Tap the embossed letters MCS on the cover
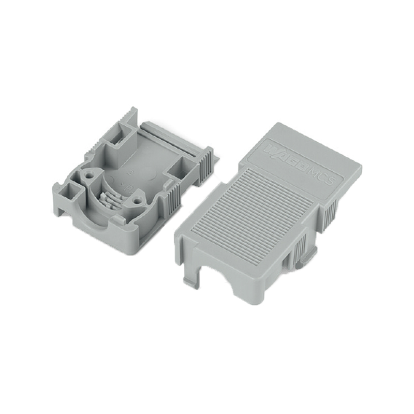pos(324,178)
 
